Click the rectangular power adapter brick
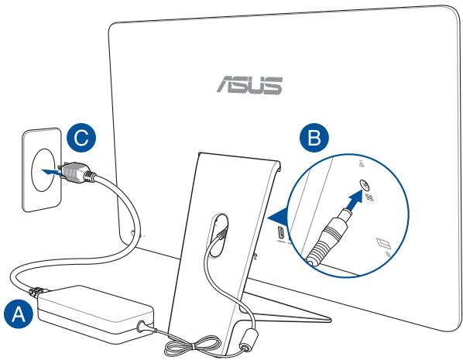coord(94,310)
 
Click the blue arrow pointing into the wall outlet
coord(50,167)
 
